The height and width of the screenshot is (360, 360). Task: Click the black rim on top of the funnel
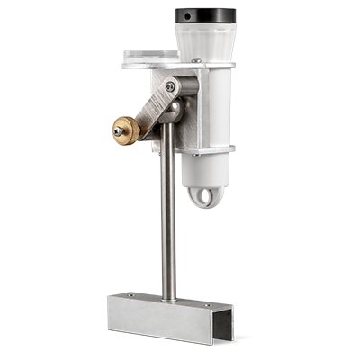tap(205, 15)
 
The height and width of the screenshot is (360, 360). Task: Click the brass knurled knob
tap(126, 130)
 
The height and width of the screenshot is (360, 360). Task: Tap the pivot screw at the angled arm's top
tap(171, 86)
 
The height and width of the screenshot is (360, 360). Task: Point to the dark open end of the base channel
tap(223, 326)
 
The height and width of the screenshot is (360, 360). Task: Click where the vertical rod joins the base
tap(168, 298)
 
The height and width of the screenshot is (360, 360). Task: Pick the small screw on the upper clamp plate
tap(194, 61)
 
